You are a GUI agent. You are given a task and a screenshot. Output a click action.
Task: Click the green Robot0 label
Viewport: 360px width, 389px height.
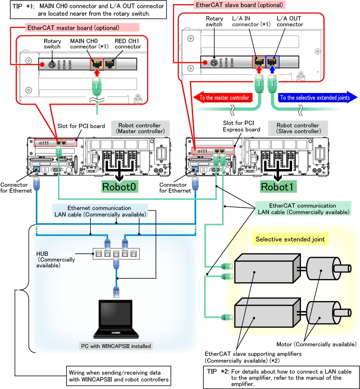point(120,187)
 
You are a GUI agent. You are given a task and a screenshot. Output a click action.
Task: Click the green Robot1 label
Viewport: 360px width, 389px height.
point(278,187)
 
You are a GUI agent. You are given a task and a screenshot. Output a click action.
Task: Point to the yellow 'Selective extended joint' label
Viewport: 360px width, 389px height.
point(290,239)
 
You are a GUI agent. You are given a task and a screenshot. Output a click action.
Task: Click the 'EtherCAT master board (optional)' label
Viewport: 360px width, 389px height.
point(73,28)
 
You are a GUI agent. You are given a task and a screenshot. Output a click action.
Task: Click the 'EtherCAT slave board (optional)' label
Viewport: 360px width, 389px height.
point(240,5)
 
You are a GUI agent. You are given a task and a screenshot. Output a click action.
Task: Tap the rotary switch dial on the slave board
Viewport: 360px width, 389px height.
point(214,62)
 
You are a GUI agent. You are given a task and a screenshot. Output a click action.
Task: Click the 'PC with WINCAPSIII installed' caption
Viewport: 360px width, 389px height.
point(116,346)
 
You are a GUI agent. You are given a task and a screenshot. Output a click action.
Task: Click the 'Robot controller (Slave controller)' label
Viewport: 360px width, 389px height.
point(298,128)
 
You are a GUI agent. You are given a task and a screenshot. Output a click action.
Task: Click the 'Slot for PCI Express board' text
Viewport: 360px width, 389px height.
point(241,126)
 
